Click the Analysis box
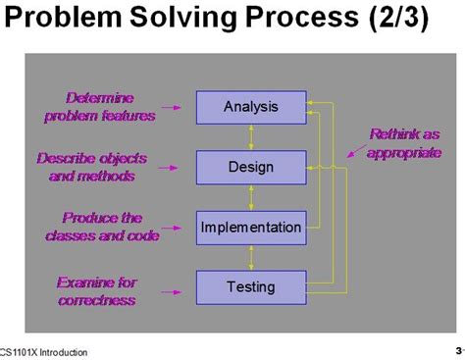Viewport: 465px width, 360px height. (250, 107)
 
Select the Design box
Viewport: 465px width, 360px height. (250, 167)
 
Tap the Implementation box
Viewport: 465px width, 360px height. (250, 228)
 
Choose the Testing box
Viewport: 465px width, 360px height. (250, 287)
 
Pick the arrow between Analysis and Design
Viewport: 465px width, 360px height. (250, 137)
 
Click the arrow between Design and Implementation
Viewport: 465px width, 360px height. (250, 197)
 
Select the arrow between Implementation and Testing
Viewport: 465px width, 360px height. (250, 258)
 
